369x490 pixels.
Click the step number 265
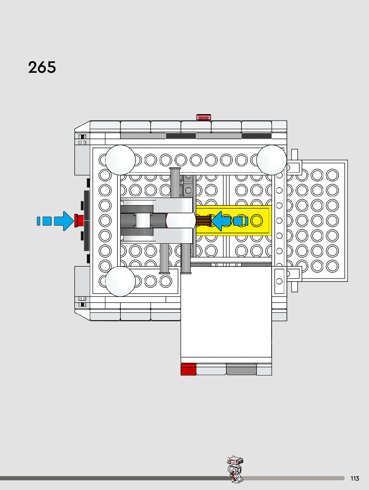[x=42, y=67]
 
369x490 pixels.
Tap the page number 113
[x=355, y=478]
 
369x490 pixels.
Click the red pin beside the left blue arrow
[x=79, y=221]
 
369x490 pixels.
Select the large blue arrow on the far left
[x=64, y=221]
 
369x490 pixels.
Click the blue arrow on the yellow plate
[x=221, y=221]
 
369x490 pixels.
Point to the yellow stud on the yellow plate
[x=256, y=221]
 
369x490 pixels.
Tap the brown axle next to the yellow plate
[x=203, y=221]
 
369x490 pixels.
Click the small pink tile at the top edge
[x=203, y=117]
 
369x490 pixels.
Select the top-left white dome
[x=120, y=160]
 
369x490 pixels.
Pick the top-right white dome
[x=272, y=160]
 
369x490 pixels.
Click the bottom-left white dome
[x=120, y=281]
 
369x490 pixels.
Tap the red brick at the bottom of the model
[x=188, y=370]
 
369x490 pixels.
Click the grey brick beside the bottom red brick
[x=241, y=370]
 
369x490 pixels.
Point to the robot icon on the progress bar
[x=235, y=469]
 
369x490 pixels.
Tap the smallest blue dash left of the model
[x=38, y=221]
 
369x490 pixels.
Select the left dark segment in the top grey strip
[x=181, y=136]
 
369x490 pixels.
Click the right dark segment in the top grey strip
[x=256, y=136]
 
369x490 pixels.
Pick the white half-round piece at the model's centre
[x=181, y=221]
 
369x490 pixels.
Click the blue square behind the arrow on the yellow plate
[x=238, y=221]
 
